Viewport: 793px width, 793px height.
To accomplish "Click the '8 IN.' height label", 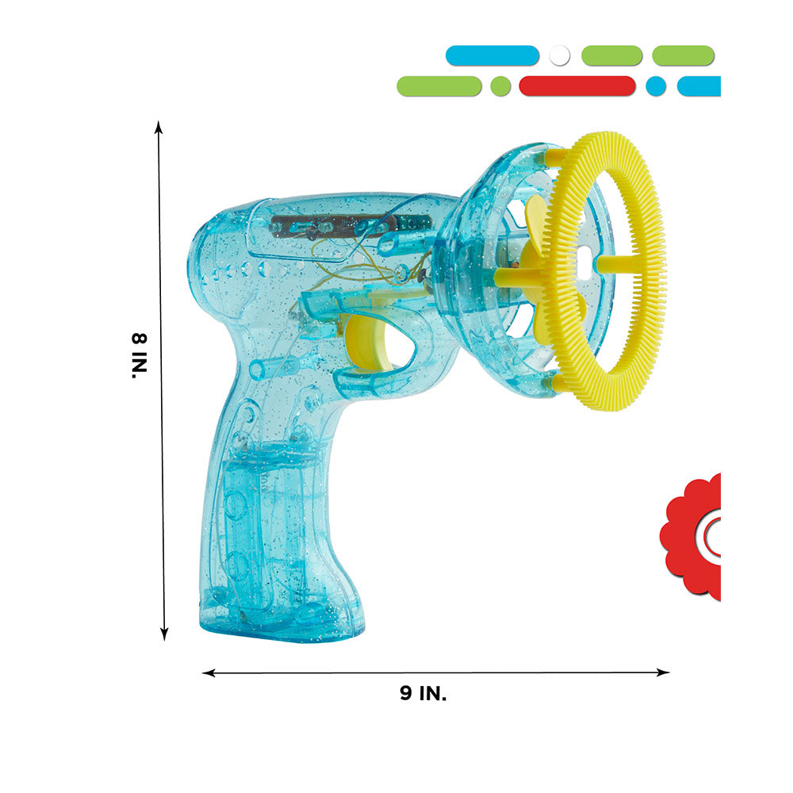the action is [x=139, y=355].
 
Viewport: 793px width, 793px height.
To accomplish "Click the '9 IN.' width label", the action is [x=423, y=693].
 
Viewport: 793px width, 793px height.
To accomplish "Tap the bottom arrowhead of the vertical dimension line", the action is [x=164, y=634].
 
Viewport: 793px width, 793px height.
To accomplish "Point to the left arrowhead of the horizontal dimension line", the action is [x=209, y=672].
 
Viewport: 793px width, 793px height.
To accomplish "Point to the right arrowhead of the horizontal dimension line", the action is [x=663, y=672].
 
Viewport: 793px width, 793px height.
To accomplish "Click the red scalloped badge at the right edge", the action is [x=691, y=536].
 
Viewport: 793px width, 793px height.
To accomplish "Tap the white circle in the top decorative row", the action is [x=559, y=56].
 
